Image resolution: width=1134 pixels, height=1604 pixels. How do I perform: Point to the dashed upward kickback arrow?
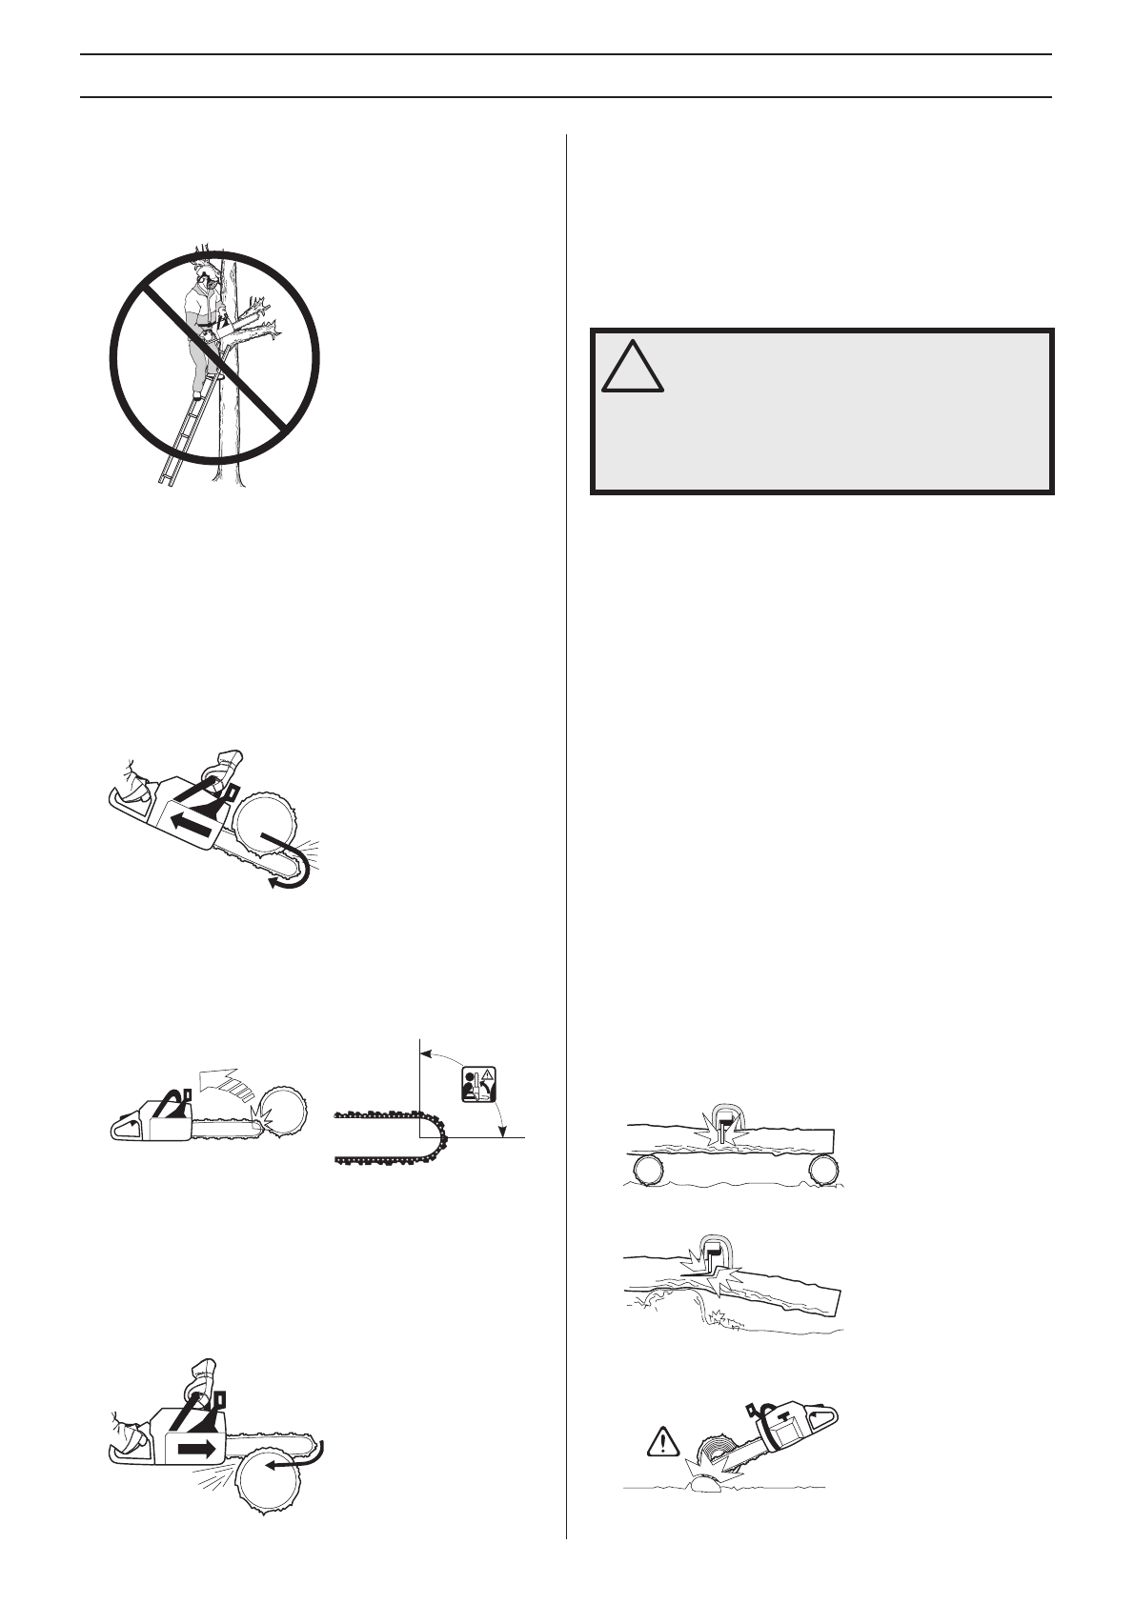228,1084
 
